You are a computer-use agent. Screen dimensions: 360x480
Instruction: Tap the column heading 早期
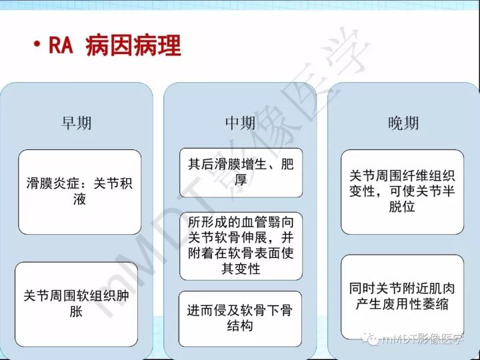[76, 123]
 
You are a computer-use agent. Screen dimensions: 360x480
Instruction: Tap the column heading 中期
[239, 123]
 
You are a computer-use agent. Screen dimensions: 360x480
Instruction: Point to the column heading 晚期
[403, 123]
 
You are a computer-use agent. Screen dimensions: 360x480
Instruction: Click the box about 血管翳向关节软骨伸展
[241, 245]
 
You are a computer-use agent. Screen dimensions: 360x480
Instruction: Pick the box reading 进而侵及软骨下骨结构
[241, 318]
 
